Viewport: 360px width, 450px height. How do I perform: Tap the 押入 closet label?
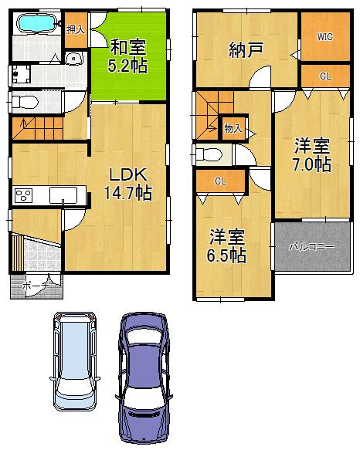point(74,30)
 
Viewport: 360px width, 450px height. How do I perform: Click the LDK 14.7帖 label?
point(127,184)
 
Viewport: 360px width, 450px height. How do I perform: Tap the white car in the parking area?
point(75,361)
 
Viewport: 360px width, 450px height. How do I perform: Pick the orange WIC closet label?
point(324,36)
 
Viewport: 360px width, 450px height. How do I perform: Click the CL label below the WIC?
point(324,76)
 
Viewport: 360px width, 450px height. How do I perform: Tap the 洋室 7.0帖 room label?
point(312,154)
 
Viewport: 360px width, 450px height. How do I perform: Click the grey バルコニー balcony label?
point(311,247)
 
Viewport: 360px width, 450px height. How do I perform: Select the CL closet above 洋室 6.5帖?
point(220,182)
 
